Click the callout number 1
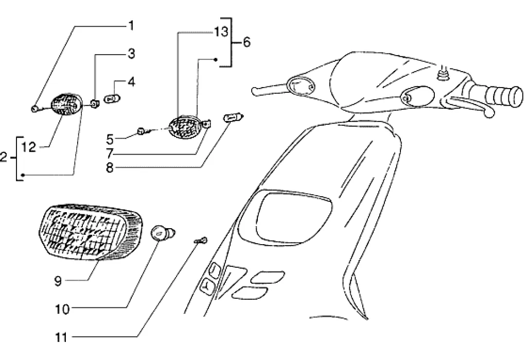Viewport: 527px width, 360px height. (131, 24)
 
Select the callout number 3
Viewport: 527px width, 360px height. (131, 53)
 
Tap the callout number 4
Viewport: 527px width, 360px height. (131, 81)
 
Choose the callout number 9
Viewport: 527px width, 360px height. (58, 281)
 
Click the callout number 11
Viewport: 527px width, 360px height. (61, 338)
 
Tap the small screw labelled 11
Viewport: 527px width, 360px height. (201, 240)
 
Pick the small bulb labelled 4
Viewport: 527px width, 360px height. (113, 98)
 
